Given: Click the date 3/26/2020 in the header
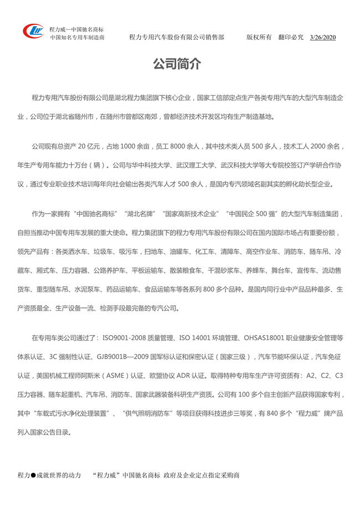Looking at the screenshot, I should (323, 38).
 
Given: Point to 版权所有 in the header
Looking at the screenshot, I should (259, 38).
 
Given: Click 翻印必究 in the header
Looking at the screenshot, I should (291, 38).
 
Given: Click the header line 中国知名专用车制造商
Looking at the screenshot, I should (78, 38).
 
